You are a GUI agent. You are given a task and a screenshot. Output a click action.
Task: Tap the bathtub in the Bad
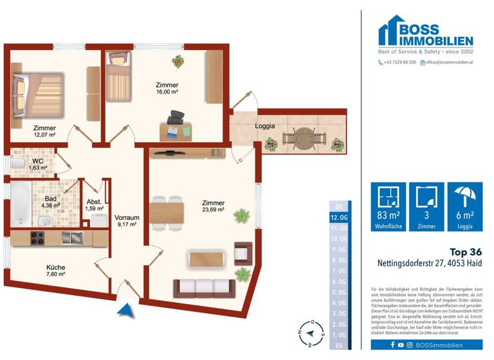20,201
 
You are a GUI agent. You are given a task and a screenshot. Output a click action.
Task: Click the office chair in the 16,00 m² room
175,118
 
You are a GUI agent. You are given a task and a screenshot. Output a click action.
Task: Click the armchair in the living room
244,253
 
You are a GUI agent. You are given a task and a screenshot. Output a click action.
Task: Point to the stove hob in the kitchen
35,238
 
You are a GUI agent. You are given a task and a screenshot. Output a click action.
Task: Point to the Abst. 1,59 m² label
94,205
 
